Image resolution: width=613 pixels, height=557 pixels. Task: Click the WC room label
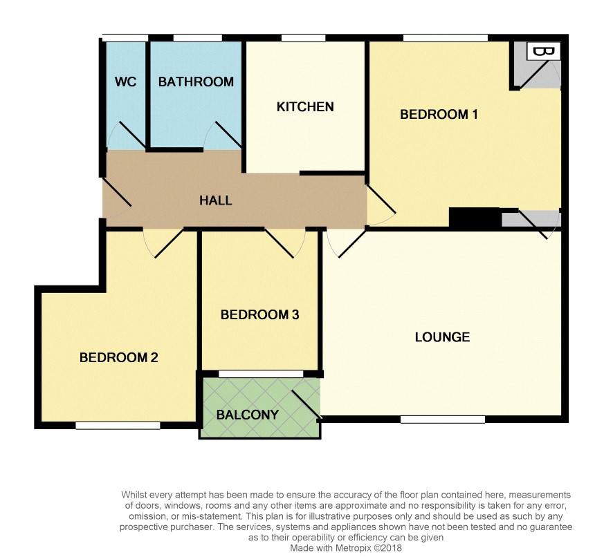[x=125, y=82]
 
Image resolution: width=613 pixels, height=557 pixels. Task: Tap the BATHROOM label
[x=196, y=82]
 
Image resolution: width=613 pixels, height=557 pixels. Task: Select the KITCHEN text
[x=305, y=106]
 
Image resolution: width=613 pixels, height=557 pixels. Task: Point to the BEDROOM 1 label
[x=439, y=115]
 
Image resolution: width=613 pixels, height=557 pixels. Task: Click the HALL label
[x=215, y=200]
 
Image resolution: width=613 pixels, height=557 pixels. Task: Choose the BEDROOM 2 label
[x=118, y=357]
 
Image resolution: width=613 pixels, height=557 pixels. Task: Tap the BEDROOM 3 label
[x=259, y=314]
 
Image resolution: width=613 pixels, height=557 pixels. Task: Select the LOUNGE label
[x=442, y=337]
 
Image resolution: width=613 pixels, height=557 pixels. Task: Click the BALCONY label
[x=248, y=415]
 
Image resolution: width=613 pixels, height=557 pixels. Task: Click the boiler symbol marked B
[x=544, y=51]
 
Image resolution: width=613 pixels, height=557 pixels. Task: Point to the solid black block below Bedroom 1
[x=475, y=217]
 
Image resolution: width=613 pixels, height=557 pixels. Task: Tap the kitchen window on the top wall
[x=303, y=38]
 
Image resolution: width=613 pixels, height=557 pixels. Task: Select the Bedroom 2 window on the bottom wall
[x=118, y=426]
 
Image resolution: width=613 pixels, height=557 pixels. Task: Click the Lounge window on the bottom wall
[x=443, y=419]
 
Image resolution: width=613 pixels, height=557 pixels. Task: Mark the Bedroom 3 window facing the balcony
[x=261, y=374]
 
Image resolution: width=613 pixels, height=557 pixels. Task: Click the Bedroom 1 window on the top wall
[x=446, y=38]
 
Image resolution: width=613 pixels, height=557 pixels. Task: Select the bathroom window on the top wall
[x=198, y=38]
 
